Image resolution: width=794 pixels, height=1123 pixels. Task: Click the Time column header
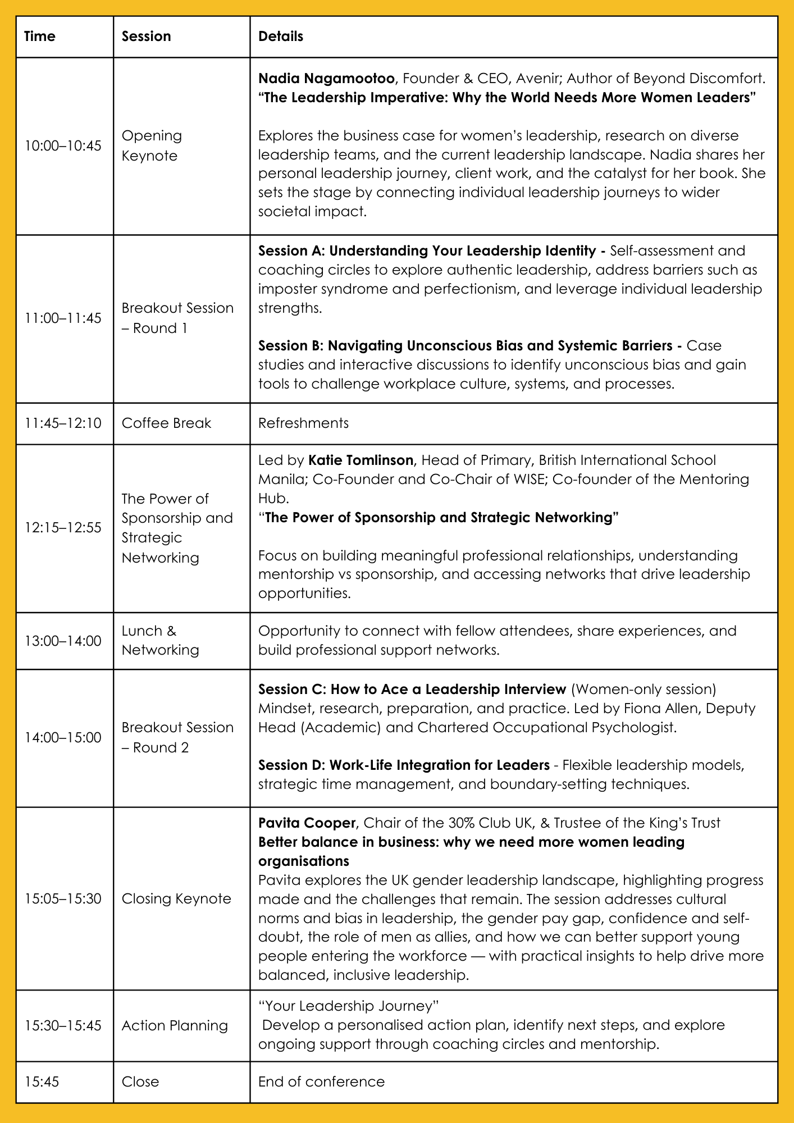[x=40, y=36]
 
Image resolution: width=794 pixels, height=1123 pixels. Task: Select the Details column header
[x=281, y=36]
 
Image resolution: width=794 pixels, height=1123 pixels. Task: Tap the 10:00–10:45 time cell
[x=63, y=146]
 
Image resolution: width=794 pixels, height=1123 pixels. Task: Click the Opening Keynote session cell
[x=152, y=145]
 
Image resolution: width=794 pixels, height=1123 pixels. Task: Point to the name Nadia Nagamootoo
[x=326, y=78]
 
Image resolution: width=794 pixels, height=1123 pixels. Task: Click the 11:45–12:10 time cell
[x=63, y=423]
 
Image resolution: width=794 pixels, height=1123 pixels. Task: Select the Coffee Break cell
[x=166, y=423]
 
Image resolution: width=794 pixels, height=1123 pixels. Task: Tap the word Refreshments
[x=303, y=423]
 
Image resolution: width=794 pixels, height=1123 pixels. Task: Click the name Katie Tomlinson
[x=361, y=460]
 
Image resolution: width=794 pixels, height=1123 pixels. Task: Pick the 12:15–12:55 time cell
[x=63, y=528]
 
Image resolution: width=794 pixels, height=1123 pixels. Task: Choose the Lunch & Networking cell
[x=161, y=640]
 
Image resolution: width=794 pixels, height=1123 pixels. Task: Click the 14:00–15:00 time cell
[x=63, y=738]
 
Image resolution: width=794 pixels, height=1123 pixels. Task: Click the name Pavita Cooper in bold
[x=307, y=823]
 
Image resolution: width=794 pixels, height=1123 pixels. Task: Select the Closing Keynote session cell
[x=176, y=899]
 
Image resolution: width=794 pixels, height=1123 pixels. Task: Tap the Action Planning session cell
[x=175, y=1026]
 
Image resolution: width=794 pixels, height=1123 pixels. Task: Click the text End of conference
[x=321, y=1082]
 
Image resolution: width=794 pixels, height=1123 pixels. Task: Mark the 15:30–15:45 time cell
[x=63, y=1026]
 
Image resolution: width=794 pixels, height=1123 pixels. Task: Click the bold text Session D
[x=291, y=765]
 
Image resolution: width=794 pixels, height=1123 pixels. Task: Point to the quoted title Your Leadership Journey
[x=348, y=1006]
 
